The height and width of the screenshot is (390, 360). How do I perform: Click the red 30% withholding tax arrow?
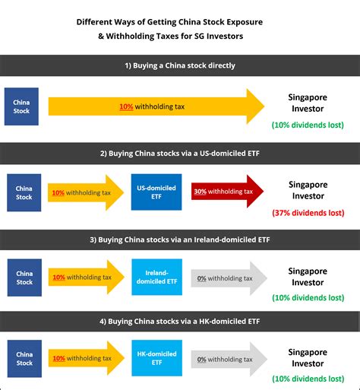[x=227, y=192]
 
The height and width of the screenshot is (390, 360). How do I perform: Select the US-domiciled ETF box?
[x=156, y=192]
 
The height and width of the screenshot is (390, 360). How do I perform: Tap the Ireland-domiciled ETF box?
[x=157, y=277]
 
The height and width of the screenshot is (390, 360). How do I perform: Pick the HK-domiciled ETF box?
[x=157, y=358]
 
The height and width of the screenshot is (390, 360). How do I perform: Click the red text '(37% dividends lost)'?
[x=308, y=213]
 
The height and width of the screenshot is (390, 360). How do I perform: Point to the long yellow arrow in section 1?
[x=156, y=106]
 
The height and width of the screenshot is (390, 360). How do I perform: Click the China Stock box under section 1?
[x=21, y=106]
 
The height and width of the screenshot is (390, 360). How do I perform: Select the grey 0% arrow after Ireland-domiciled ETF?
[x=229, y=278]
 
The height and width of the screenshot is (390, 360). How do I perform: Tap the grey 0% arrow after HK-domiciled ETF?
[x=229, y=359]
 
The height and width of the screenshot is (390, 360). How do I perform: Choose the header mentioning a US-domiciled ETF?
[x=180, y=154]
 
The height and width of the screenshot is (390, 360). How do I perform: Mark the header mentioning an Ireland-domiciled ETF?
[x=180, y=239]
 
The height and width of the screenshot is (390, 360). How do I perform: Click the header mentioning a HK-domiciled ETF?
[x=180, y=322]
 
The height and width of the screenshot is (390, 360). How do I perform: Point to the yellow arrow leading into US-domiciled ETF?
[x=86, y=192]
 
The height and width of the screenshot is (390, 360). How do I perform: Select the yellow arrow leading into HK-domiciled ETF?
[x=87, y=358]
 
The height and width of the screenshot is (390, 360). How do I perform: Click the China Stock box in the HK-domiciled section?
[x=24, y=359]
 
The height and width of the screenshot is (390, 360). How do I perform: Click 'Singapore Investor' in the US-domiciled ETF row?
[x=308, y=190]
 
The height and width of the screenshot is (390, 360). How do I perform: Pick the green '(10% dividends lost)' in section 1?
[x=308, y=125]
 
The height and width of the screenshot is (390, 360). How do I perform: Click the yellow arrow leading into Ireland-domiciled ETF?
[x=87, y=277]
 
